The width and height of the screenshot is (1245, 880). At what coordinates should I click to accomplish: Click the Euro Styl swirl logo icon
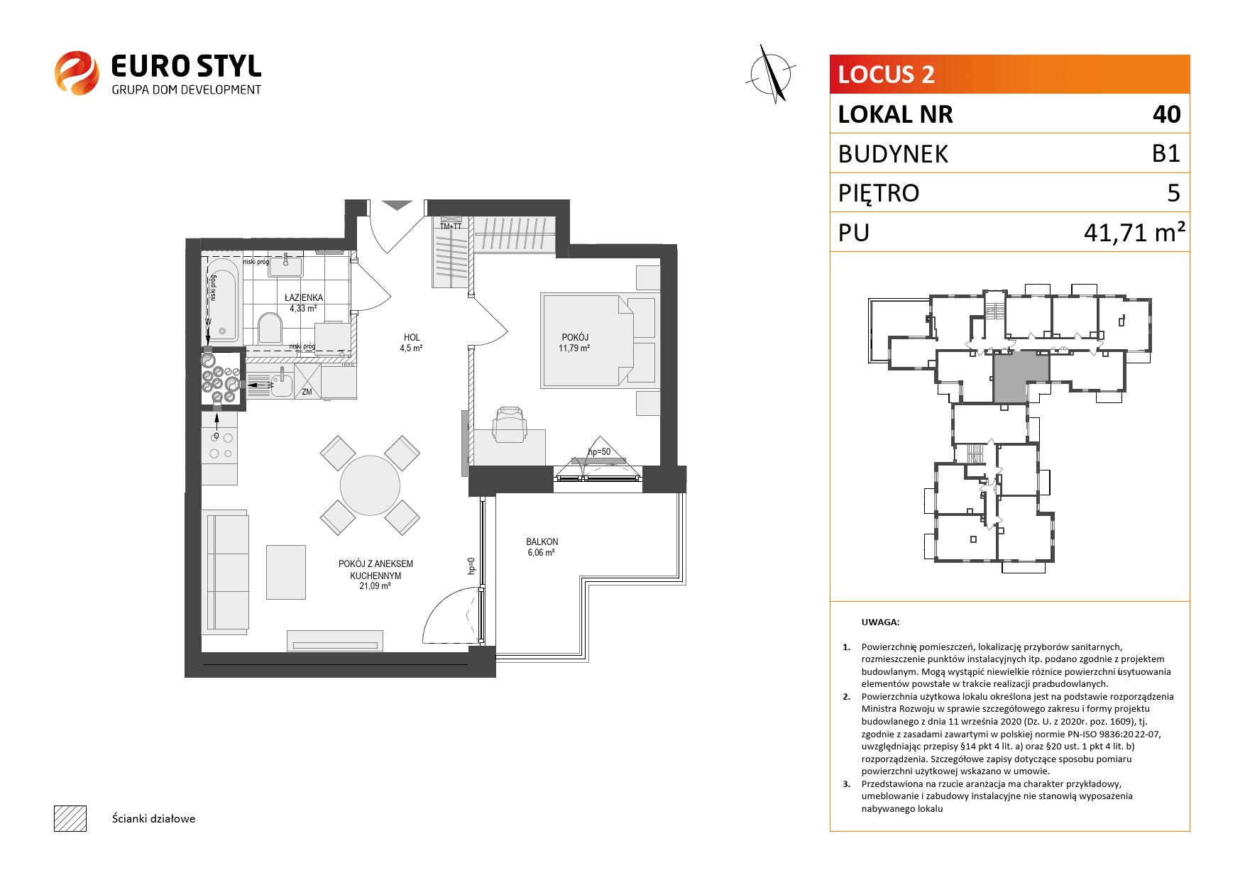[77, 72]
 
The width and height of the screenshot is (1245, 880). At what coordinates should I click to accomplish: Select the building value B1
[1166, 153]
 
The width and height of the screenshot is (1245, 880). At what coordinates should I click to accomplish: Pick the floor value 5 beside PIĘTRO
[1173, 193]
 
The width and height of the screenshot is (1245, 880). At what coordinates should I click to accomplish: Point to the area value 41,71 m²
[1134, 232]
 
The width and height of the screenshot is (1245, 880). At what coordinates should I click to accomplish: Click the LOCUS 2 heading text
[887, 75]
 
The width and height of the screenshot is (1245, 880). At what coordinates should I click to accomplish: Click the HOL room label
[411, 338]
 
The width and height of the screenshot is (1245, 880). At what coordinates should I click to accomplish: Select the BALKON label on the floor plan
[542, 542]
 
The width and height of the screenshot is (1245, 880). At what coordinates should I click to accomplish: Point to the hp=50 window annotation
[599, 452]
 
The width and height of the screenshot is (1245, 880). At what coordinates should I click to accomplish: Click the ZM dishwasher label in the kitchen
[307, 391]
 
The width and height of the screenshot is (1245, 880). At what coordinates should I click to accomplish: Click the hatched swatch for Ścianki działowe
[70, 818]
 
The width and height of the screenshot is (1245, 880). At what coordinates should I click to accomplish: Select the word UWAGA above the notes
[880, 622]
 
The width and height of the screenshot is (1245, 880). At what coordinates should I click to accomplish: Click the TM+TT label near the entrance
[451, 226]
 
